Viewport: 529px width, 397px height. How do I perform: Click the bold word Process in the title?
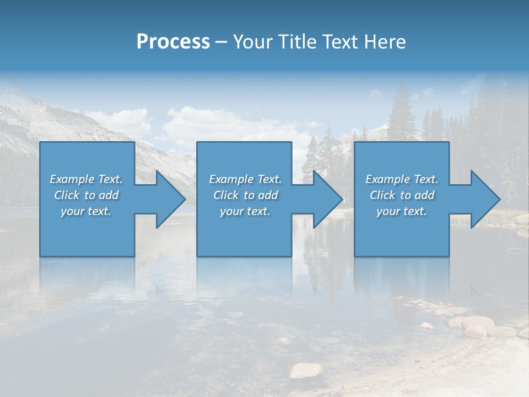(173, 42)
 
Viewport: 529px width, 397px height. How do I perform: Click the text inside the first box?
(87, 195)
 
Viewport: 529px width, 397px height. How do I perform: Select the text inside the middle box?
(245, 195)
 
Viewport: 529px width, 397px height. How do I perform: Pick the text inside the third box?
(402, 195)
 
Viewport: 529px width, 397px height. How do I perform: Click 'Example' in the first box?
(71, 179)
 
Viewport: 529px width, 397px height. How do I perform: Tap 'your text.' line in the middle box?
(245, 211)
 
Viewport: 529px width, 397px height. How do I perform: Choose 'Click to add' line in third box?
(402, 195)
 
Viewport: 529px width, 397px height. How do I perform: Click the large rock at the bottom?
(306, 371)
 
